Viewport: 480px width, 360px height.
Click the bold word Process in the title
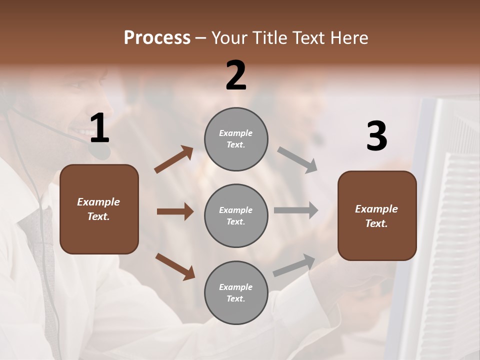point(157,37)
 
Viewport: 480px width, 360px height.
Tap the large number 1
point(99,128)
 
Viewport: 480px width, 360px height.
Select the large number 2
point(236,75)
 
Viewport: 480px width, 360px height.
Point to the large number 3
point(376,136)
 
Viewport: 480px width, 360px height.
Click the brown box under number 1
point(99,209)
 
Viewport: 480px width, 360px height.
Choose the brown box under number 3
point(377,215)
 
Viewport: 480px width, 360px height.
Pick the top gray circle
point(236,139)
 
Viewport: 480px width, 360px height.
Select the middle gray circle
point(236,216)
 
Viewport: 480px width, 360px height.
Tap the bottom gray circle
point(236,292)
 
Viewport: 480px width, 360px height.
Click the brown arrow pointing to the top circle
point(173,159)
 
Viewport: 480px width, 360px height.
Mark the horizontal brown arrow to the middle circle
point(175,211)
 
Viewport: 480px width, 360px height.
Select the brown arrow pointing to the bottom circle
point(175,266)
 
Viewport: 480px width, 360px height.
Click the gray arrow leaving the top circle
point(297,160)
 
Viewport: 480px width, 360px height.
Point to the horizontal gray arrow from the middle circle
point(296,210)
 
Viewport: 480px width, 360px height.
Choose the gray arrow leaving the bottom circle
point(294,265)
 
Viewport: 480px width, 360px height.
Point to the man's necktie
point(42,250)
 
